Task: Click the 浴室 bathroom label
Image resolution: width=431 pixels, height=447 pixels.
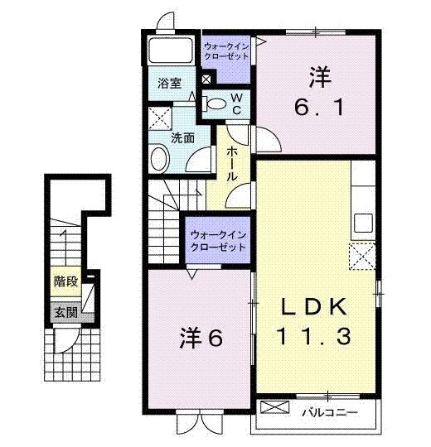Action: [170, 84]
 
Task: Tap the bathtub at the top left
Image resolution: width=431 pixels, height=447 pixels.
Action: [171, 50]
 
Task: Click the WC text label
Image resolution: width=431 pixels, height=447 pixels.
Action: [236, 104]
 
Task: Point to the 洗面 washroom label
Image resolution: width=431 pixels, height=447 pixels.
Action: [182, 138]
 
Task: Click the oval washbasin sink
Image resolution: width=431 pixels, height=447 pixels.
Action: [160, 159]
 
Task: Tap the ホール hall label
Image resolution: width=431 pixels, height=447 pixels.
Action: [232, 164]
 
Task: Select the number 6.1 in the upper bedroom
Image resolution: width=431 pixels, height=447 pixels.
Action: [319, 108]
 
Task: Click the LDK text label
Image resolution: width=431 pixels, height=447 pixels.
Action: [315, 307]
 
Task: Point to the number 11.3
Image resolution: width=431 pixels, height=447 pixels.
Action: [313, 336]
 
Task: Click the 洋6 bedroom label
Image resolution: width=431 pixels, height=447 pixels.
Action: [201, 339]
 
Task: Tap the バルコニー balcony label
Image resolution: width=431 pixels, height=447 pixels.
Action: [330, 412]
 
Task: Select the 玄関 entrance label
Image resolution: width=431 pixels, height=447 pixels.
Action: [66, 313]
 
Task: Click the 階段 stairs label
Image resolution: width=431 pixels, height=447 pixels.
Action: [66, 281]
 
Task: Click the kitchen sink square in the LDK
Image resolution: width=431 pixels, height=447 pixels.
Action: [363, 223]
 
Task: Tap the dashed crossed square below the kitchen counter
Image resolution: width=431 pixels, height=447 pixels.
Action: [362, 256]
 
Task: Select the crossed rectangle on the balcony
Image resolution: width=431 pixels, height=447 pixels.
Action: [274, 407]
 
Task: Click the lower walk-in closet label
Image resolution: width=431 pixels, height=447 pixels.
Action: [218, 241]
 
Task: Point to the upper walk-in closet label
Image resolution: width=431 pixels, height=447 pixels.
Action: [226, 51]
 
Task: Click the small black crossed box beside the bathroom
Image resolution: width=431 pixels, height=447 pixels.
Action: [206, 79]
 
